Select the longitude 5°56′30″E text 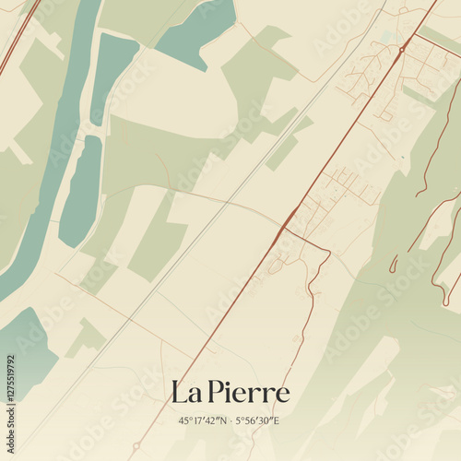pyautogui.click(x=260, y=420)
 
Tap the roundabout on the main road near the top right pyautogui.click(x=402, y=48)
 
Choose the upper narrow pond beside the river pyautogui.click(x=113, y=74)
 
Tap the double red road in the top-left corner pyautogui.click(x=18, y=37)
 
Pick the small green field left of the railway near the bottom pyautogui.click(x=88, y=337)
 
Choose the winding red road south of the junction pyautogui.click(x=313, y=295)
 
